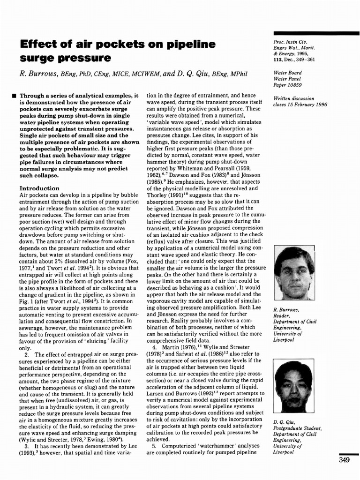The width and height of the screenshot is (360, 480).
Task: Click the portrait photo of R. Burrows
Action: [x=294, y=273]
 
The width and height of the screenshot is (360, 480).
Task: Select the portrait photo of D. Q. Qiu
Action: [x=293, y=386]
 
